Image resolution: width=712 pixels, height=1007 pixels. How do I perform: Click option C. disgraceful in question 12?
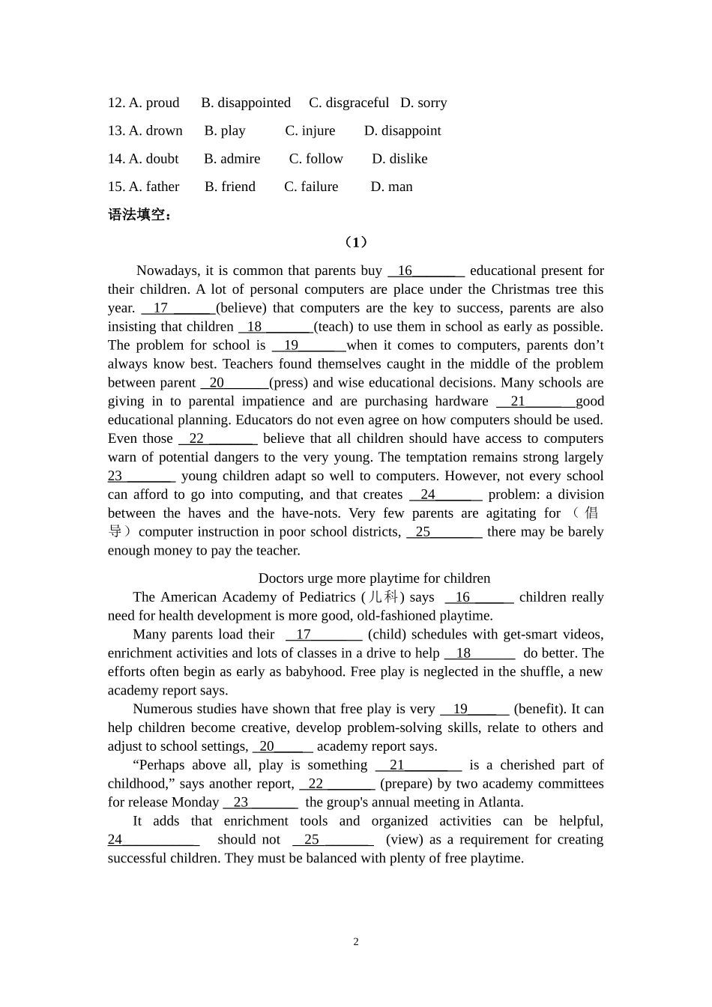tap(349, 103)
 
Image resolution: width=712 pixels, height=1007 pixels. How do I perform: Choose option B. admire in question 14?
tap(232, 159)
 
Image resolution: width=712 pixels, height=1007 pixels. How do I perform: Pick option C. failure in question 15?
tap(311, 187)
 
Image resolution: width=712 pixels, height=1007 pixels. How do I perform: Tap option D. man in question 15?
tap(391, 187)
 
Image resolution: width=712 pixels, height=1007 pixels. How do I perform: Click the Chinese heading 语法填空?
tap(139, 215)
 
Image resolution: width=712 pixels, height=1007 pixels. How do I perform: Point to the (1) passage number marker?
tap(356, 242)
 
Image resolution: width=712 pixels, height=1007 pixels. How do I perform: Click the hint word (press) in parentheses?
tap(289, 383)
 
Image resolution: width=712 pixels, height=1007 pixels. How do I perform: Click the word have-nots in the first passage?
tap(313, 513)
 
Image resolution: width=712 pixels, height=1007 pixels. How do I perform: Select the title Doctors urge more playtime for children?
tap(374, 578)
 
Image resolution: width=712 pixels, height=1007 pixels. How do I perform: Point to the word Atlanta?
tap(501, 802)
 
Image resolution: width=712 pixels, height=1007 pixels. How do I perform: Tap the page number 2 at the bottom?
tap(356, 942)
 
